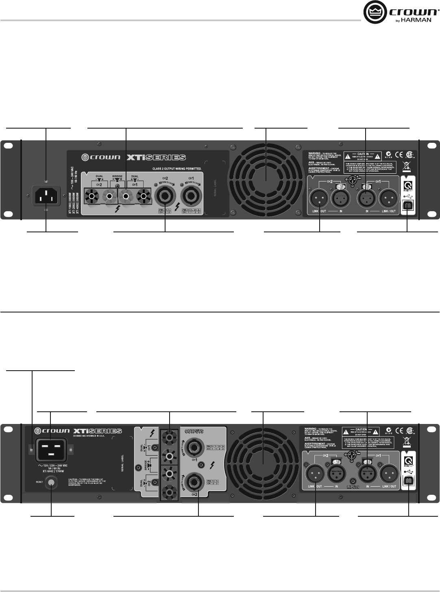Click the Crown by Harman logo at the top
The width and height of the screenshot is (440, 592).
coord(401,13)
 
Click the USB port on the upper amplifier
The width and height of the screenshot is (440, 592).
coord(407,206)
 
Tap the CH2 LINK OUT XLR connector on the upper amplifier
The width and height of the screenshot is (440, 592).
coord(320,199)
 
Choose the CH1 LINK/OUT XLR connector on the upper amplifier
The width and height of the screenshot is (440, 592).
coord(389,199)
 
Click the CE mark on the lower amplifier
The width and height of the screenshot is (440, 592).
coord(400,430)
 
